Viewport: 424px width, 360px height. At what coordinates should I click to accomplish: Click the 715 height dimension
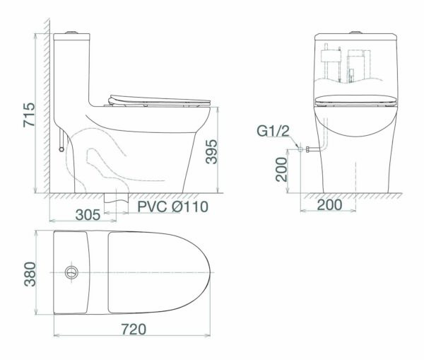click(29, 115)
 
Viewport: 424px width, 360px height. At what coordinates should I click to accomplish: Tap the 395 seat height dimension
click(211, 151)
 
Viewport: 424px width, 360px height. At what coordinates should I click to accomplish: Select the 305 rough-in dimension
click(88, 215)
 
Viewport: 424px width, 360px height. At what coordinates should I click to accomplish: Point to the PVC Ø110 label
click(173, 207)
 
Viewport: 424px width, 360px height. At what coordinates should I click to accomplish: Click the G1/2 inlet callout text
click(273, 131)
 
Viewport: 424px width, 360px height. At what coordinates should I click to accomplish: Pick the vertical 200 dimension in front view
click(281, 170)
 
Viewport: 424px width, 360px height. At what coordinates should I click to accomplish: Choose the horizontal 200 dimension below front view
click(329, 205)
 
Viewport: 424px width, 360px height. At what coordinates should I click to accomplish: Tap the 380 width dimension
click(30, 274)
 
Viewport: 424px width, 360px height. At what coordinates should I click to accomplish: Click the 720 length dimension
click(134, 330)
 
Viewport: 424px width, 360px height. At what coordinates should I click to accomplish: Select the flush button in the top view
click(71, 272)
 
